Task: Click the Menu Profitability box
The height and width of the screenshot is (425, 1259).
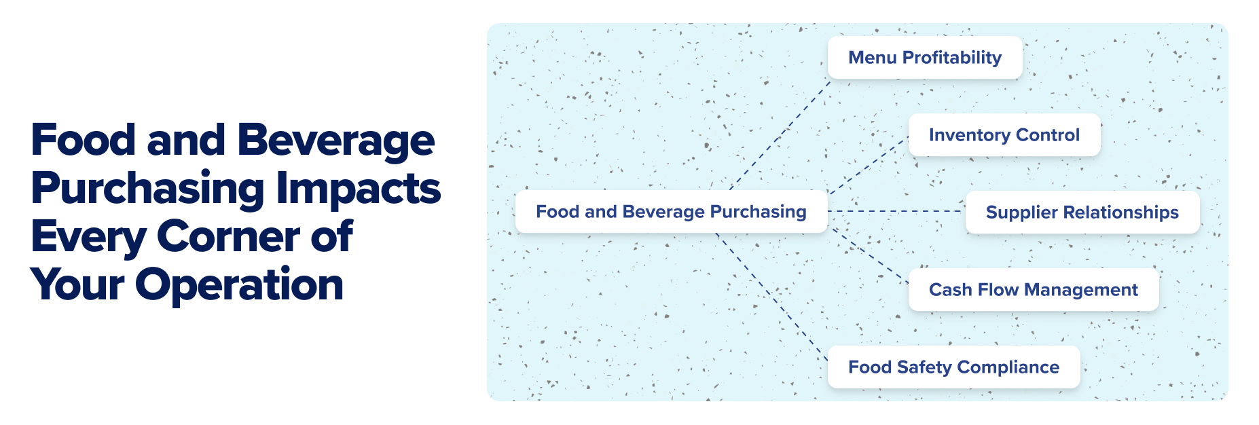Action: click(924, 58)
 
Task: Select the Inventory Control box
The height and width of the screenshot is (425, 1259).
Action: click(1004, 135)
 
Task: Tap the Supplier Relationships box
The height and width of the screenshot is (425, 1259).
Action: click(1082, 212)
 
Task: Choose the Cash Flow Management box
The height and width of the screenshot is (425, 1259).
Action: click(1033, 290)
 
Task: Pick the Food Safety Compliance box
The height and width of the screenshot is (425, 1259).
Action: click(953, 367)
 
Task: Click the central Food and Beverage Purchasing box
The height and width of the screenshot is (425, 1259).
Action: click(671, 212)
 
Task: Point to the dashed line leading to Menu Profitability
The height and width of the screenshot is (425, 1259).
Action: click(781, 134)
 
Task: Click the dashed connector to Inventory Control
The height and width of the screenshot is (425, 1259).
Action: click(868, 166)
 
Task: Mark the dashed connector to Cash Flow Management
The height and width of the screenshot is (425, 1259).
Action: click(869, 255)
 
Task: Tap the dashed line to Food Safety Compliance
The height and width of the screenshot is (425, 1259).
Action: click(771, 291)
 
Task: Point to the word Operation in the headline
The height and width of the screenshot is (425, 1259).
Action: click(240, 284)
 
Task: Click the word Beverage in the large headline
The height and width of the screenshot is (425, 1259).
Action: click(335, 140)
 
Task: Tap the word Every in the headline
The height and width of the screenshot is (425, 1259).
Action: click(88, 238)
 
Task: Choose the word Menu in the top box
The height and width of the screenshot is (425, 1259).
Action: click(872, 58)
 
